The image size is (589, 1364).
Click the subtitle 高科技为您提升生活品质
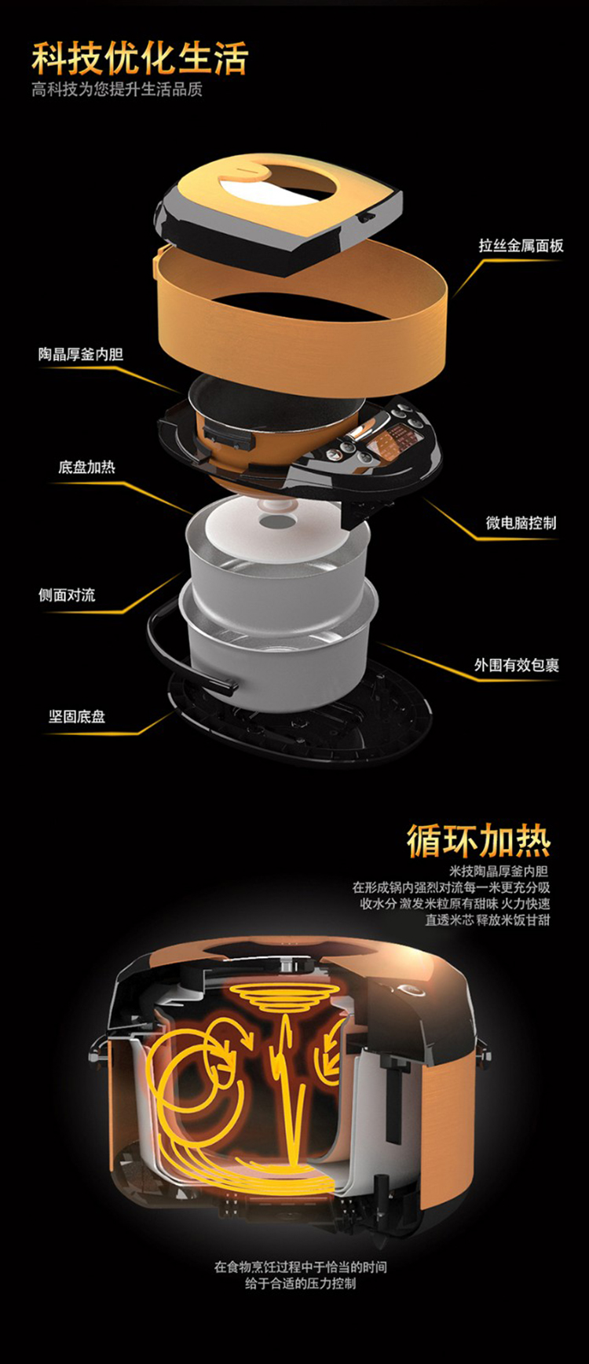(x=117, y=90)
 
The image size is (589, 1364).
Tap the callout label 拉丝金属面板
(x=521, y=246)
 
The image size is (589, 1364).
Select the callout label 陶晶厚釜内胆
(x=81, y=354)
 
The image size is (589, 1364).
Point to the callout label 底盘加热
(x=86, y=467)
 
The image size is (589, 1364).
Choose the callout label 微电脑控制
(x=521, y=523)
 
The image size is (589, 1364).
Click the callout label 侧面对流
(x=67, y=595)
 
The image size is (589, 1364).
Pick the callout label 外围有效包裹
(x=517, y=665)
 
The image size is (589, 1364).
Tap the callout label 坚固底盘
(x=77, y=717)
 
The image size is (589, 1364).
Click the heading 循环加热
(x=478, y=840)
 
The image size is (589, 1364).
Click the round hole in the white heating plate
(x=276, y=521)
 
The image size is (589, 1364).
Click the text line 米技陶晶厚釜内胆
(x=499, y=871)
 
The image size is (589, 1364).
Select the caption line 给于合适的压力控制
(x=300, y=1283)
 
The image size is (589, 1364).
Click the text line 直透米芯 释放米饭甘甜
(x=488, y=920)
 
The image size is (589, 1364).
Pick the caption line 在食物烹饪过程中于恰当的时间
(x=301, y=1267)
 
